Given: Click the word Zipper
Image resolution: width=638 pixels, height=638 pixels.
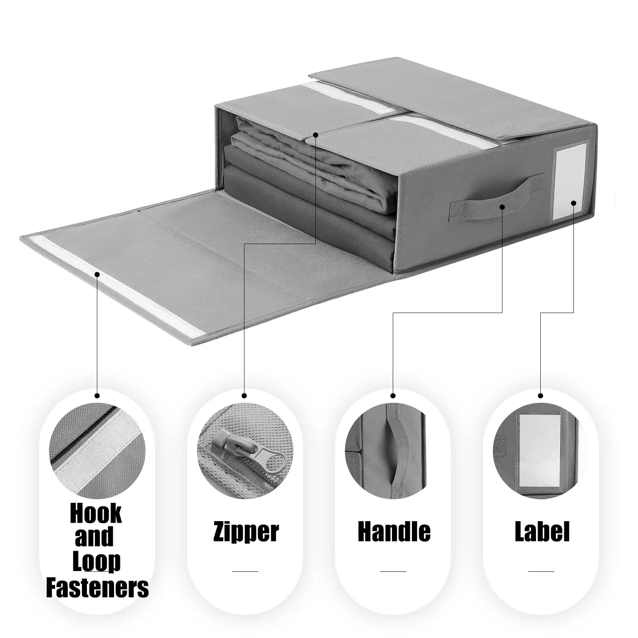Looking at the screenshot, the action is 246,532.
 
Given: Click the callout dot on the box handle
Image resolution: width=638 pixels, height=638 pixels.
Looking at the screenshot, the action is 502,207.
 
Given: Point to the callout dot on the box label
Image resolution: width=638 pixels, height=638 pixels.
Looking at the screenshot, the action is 573,203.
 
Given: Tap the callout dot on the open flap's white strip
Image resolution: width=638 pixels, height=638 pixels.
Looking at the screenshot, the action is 97,274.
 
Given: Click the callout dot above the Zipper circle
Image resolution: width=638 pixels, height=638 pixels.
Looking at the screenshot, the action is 244,396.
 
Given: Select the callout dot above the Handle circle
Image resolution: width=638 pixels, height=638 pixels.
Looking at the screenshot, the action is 393,396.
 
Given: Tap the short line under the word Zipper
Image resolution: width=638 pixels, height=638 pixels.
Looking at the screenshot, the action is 245,571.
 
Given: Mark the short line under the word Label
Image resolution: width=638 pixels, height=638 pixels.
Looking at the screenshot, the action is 541,571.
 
